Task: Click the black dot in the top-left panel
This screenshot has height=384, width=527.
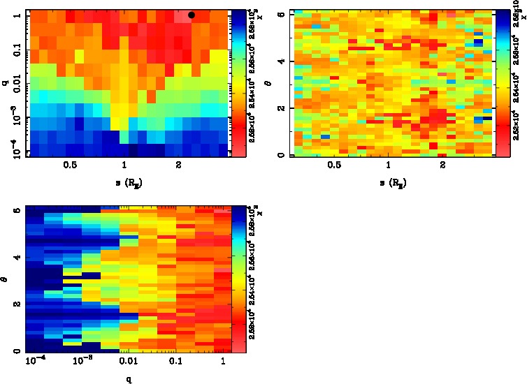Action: [192, 15]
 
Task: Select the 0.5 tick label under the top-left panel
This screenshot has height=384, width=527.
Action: [70, 165]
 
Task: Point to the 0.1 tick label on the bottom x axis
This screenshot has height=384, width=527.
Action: [175, 362]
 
